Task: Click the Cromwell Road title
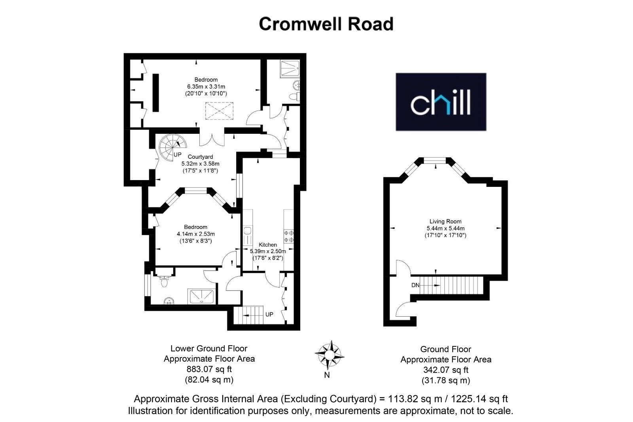click(326, 24)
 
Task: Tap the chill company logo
click(441, 102)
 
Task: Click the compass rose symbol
click(329, 355)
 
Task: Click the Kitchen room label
click(267, 245)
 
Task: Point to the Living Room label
click(445, 221)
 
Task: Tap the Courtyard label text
click(200, 157)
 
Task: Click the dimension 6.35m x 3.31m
click(206, 87)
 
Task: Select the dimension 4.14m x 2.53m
click(195, 234)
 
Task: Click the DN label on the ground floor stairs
click(415, 285)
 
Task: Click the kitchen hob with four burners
click(289, 236)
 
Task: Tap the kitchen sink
click(248, 235)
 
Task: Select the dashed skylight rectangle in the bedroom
click(219, 111)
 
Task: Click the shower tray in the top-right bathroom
click(290, 69)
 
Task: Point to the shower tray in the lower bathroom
click(202, 297)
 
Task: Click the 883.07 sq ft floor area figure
click(209, 369)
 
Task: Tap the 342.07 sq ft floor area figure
click(445, 370)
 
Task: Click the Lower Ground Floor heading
click(209, 348)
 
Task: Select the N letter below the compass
click(327, 375)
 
